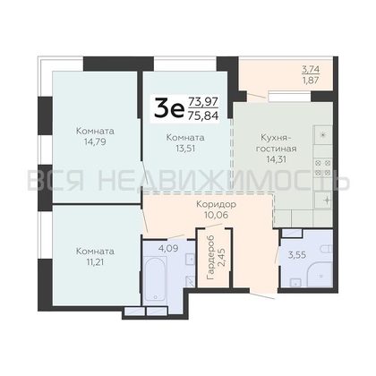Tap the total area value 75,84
pyautogui.click(x=203, y=115)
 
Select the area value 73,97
pyautogui.click(x=203, y=102)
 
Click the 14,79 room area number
pyautogui.click(x=95, y=141)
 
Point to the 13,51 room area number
pyautogui.click(x=185, y=149)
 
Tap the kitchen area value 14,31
pyautogui.click(x=277, y=159)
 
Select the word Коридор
pyautogui.click(x=217, y=204)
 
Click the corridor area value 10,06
pyautogui.click(x=217, y=215)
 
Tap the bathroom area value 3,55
pyautogui.click(x=296, y=255)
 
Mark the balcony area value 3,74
pyautogui.click(x=311, y=70)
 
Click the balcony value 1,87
pyautogui.click(x=311, y=81)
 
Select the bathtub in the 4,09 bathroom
pyautogui.click(x=155, y=279)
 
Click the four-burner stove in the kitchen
pyautogui.click(x=323, y=167)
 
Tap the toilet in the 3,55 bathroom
pyautogui.click(x=326, y=249)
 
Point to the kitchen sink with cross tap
pyautogui.click(x=323, y=201)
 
